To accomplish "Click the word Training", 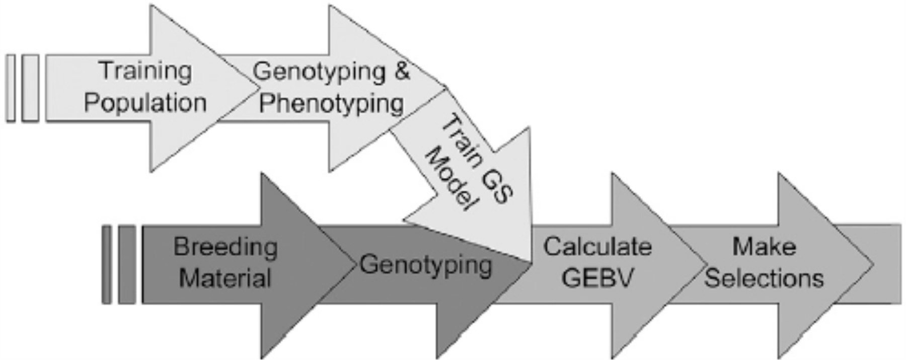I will [x=145, y=71].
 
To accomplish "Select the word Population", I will [x=145, y=103].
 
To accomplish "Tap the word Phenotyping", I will [x=331, y=104].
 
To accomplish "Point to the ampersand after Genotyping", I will [x=401, y=71].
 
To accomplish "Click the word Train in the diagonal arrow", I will [x=461, y=138].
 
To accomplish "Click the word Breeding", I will [x=225, y=247].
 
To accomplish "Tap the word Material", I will [x=225, y=278].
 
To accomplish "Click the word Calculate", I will [x=597, y=247].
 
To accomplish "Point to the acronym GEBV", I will [x=597, y=277].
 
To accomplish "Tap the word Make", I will [x=764, y=247].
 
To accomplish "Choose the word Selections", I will [x=764, y=278].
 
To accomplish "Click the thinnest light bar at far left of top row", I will [x=11, y=88].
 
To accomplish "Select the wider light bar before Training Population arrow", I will [x=30, y=88].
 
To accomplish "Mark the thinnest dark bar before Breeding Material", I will [x=106, y=265].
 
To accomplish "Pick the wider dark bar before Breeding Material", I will [x=127, y=265].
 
